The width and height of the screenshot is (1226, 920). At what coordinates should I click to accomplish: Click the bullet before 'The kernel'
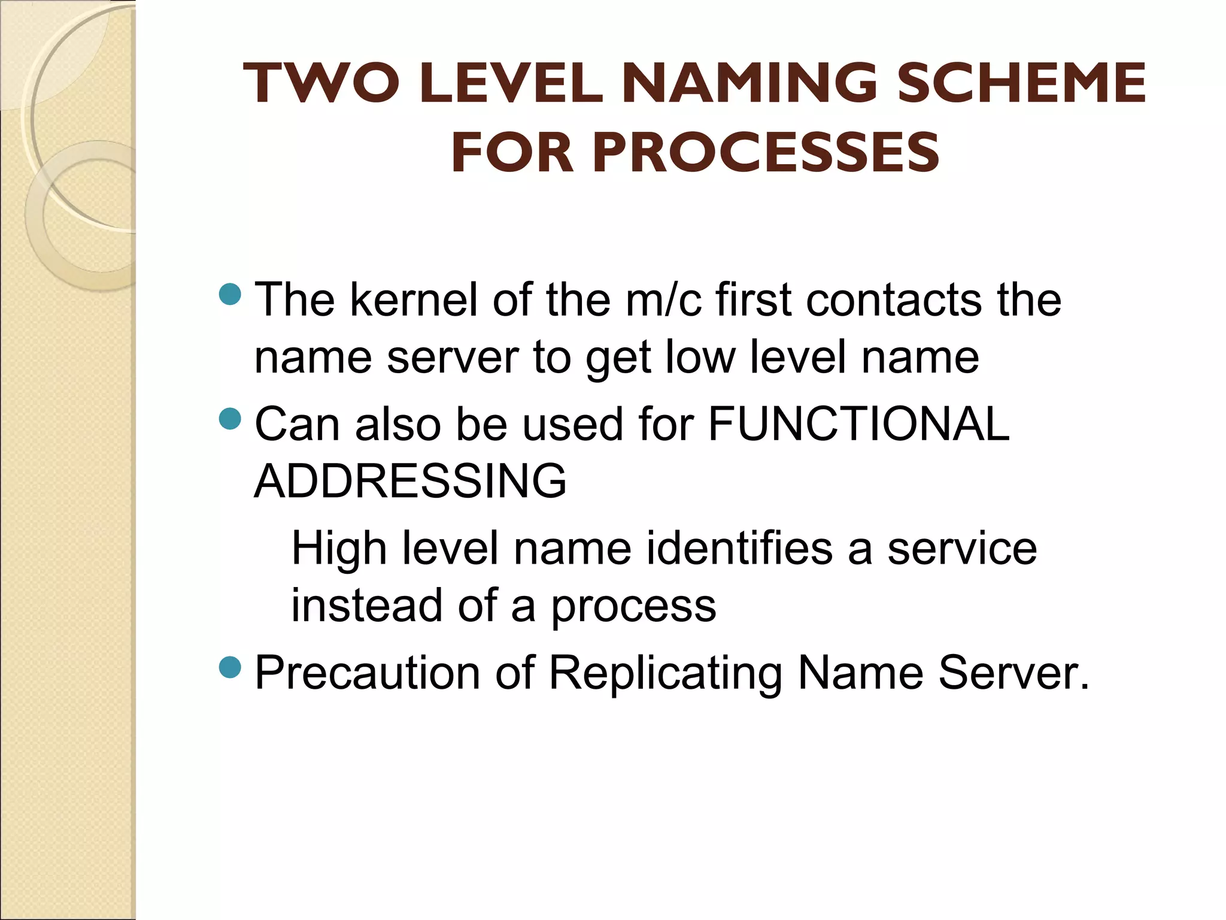click(230, 294)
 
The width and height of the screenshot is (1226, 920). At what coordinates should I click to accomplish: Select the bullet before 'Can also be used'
click(230, 419)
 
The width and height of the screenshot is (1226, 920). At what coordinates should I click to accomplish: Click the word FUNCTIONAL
click(859, 423)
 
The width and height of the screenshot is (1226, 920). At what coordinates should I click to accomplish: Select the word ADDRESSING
click(410, 480)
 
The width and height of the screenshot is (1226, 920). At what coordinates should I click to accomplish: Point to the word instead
click(366, 605)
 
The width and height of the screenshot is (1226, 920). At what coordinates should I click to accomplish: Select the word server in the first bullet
click(453, 357)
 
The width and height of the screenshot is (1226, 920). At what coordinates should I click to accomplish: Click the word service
click(961, 548)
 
